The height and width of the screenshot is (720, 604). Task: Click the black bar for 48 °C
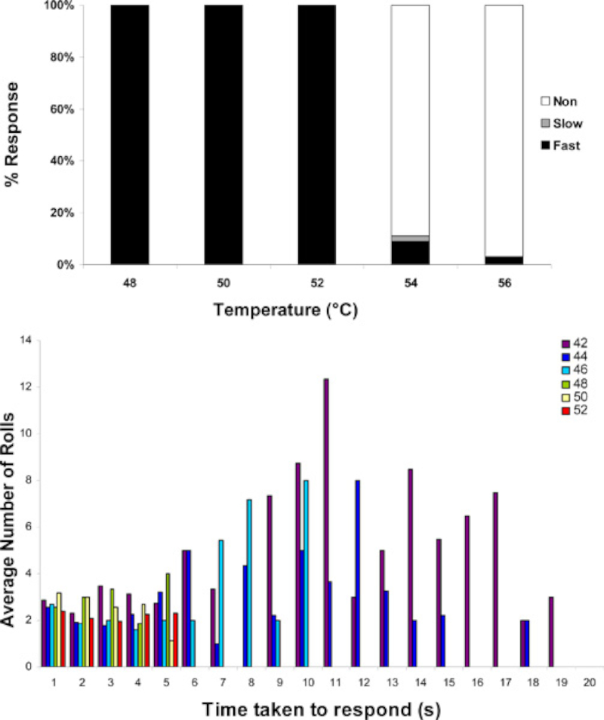click(x=130, y=136)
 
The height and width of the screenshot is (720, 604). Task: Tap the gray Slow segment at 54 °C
click(x=410, y=238)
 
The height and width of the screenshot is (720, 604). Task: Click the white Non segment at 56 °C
click(x=504, y=128)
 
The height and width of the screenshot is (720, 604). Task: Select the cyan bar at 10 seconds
click(x=306, y=574)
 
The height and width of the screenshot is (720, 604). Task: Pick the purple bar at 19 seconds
click(x=551, y=632)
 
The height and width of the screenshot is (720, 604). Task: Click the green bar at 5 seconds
click(x=168, y=620)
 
